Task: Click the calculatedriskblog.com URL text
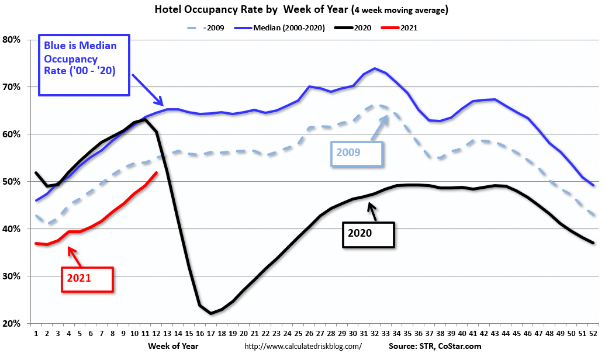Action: coord(302,346)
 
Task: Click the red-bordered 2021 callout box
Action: coord(87,278)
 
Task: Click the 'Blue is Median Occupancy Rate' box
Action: coord(84,64)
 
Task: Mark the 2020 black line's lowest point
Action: coord(211,314)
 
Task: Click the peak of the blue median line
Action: coord(374,68)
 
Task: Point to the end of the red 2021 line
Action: coord(157,172)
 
